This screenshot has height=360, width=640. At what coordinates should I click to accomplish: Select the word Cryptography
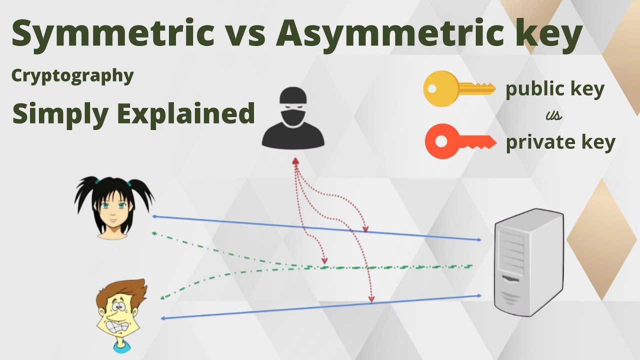point(72,75)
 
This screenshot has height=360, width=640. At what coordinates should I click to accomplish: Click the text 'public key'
point(555,89)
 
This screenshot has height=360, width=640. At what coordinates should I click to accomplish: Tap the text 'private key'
point(560,142)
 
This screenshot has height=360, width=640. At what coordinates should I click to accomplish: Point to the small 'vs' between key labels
point(554,116)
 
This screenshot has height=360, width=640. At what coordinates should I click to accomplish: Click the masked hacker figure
point(292,118)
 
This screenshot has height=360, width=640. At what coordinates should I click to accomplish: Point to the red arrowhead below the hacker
point(295,161)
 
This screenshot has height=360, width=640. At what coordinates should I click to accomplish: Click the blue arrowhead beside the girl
point(154,216)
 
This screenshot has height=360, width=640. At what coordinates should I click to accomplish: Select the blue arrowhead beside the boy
point(162,318)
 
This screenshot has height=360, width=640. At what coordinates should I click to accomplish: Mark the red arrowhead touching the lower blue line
point(371,300)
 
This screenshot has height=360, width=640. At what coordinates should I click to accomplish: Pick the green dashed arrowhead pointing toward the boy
point(162,298)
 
